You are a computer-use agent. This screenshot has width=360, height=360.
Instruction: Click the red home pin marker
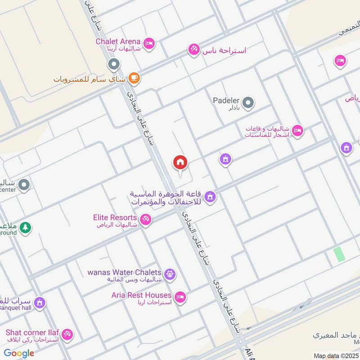pos(180,162)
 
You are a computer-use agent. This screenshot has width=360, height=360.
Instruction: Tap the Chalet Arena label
pos(118,41)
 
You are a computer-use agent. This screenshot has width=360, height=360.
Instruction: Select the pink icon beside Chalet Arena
pos(150,43)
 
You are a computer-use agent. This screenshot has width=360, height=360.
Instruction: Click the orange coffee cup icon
pos(134,78)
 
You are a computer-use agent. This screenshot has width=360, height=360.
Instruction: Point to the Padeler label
pos(226,100)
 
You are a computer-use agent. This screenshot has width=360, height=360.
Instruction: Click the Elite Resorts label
pos(115,217)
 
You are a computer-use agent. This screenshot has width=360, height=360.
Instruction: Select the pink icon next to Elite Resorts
pos(145,220)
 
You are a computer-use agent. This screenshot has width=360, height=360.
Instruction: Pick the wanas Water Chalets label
pos(124,272)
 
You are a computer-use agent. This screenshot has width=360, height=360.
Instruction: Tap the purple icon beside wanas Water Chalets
pos(170,273)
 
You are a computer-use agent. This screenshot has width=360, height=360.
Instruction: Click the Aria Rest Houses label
pos(142,295)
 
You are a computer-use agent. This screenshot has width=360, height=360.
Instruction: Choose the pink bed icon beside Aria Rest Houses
pos(180,297)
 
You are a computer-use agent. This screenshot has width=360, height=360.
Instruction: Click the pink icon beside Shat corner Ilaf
pos(67,334)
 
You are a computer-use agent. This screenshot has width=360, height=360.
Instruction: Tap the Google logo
pos(19,353)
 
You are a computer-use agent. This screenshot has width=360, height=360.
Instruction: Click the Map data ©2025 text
pos(335,356)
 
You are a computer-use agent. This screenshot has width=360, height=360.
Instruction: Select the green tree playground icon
pos(25,228)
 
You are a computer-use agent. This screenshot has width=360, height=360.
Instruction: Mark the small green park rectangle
pos(339,254)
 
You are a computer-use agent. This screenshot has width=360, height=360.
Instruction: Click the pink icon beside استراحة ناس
pos(194,49)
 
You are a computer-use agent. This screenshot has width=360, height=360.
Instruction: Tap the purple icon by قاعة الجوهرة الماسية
pos(210,197)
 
